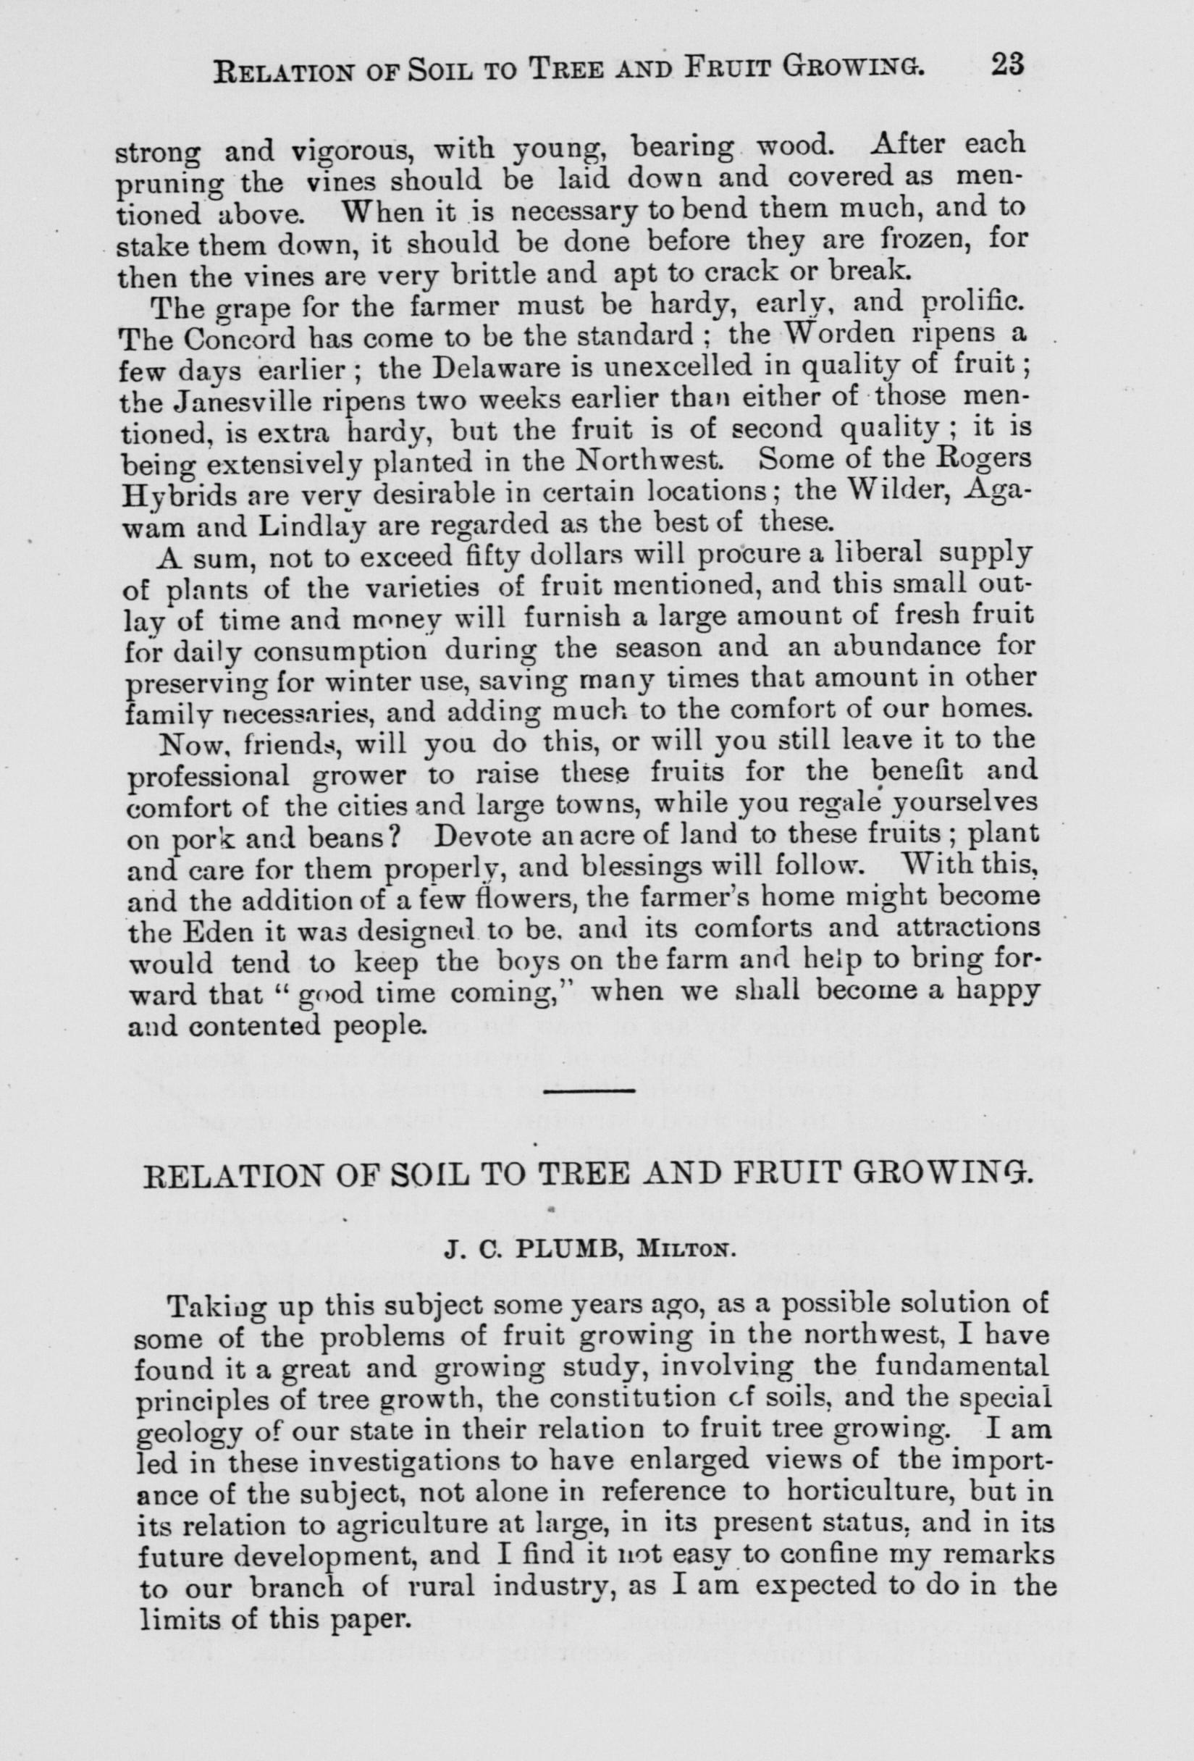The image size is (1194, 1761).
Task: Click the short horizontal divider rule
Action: point(589,1092)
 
